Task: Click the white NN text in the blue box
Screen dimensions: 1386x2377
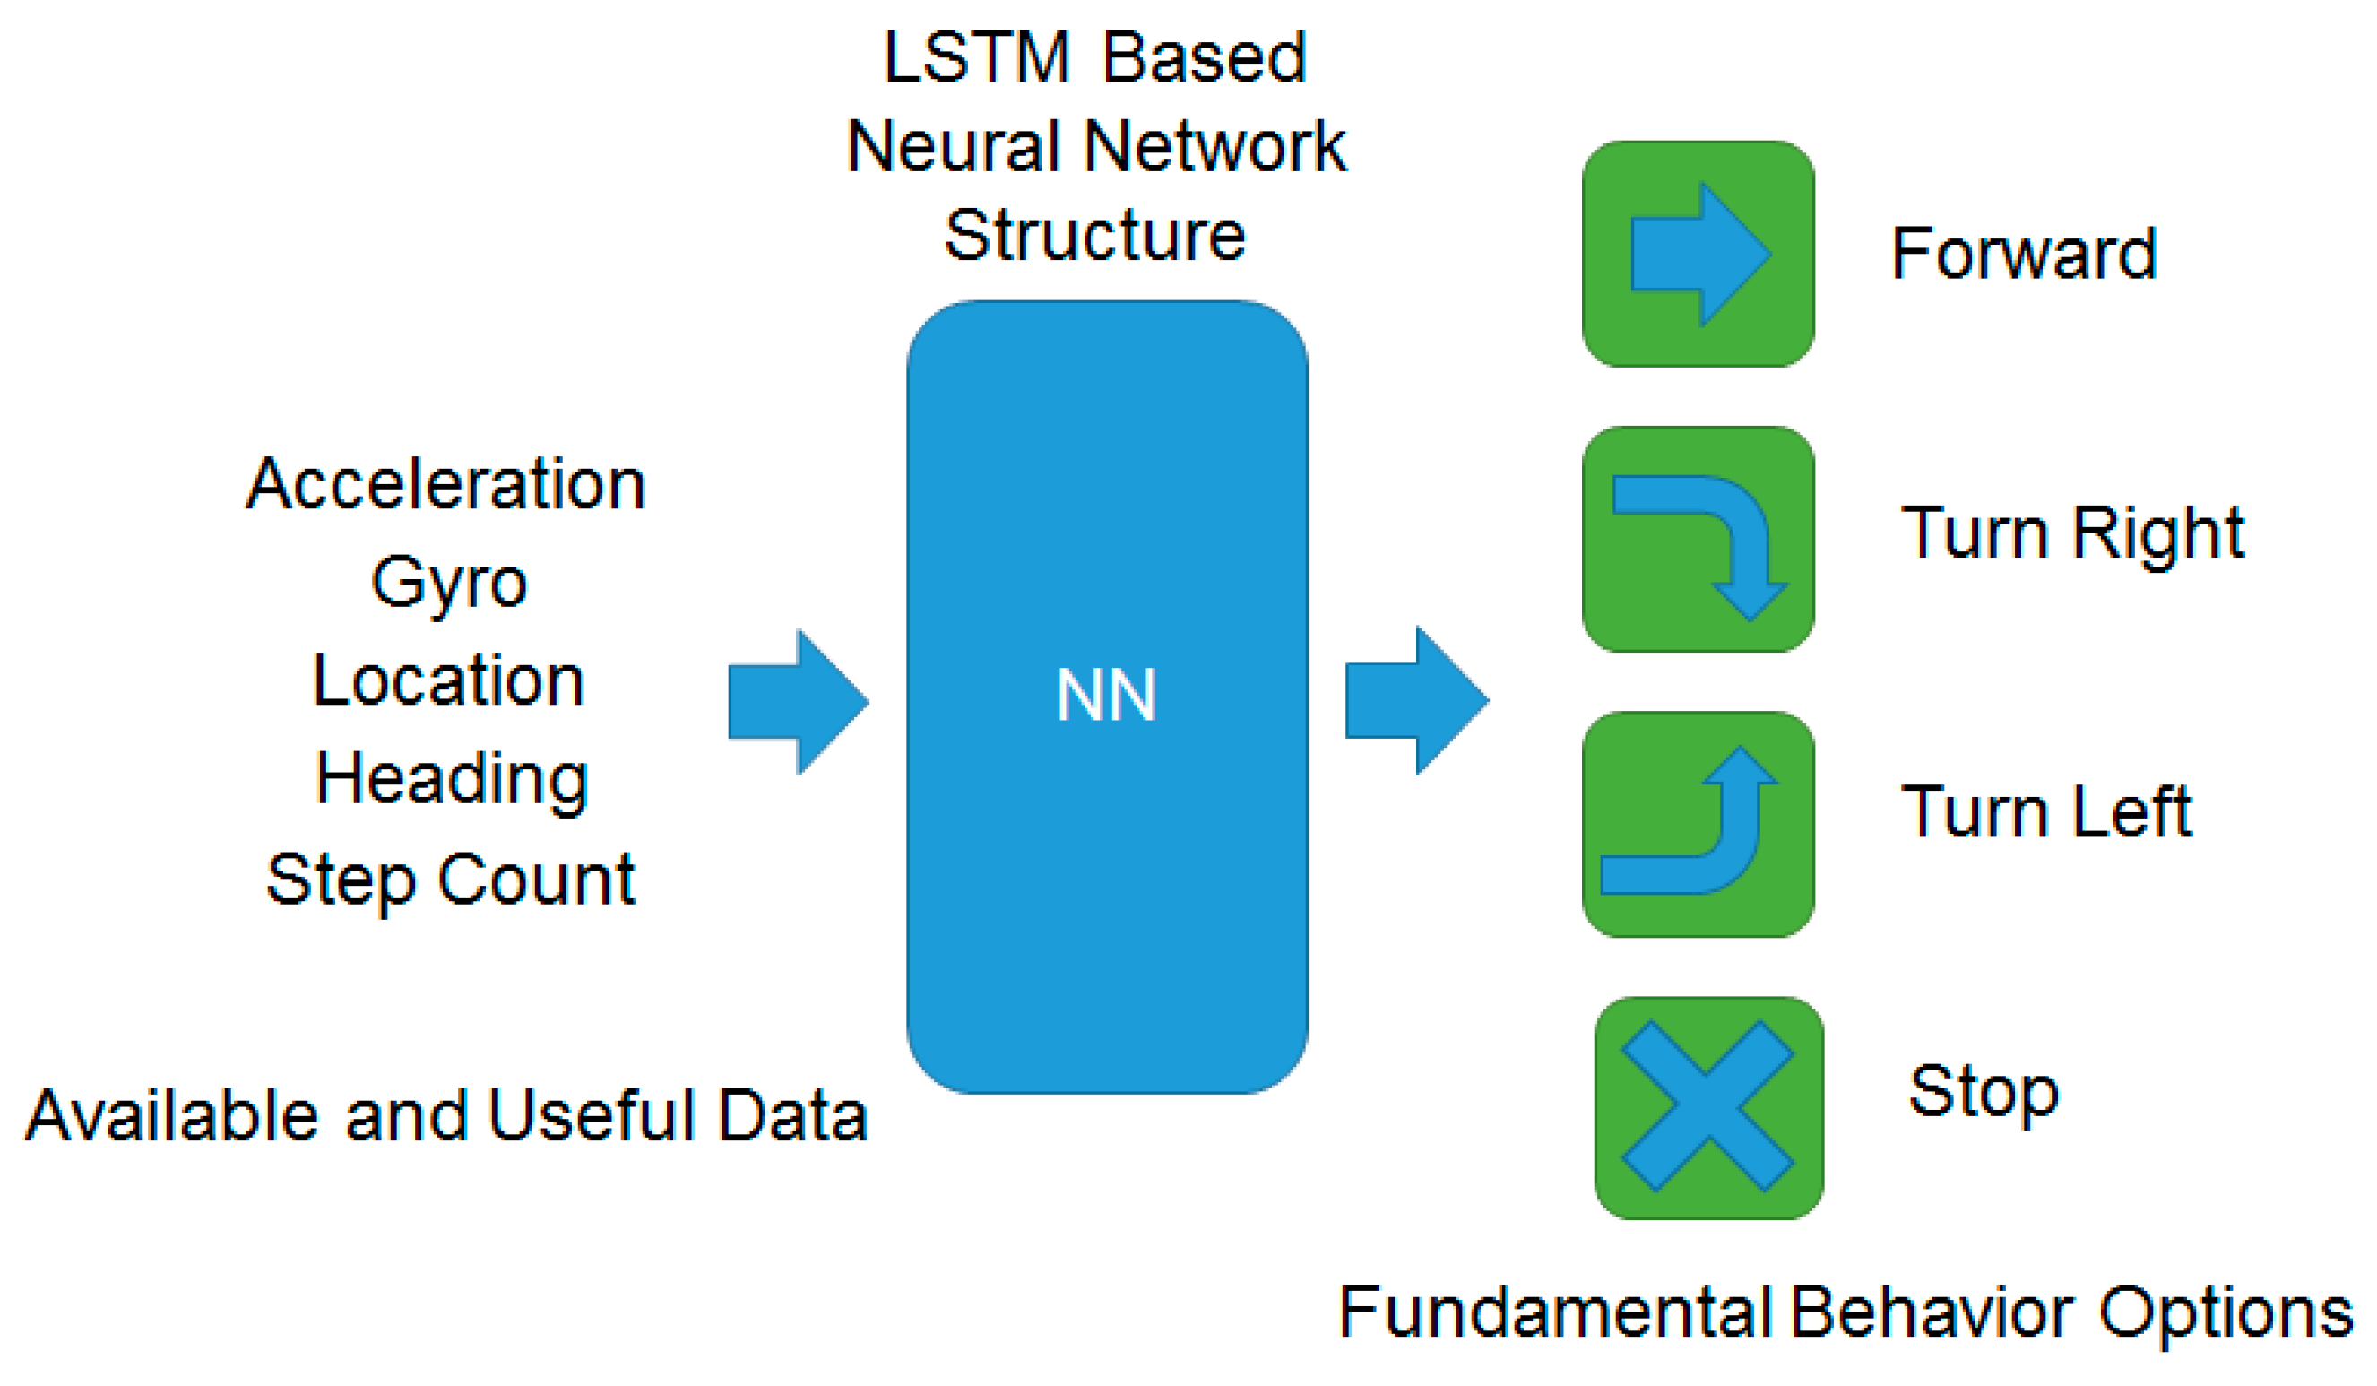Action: coord(1105,696)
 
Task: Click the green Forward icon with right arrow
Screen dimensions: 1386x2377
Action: coord(1698,254)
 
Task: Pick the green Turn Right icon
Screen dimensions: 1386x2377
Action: coord(1698,539)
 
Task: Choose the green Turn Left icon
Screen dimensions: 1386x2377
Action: coord(1698,824)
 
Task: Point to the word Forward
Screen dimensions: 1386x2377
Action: coord(2024,254)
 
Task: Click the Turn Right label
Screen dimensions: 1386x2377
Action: coord(2072,534)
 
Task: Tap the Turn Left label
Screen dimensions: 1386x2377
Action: coord(2046,812)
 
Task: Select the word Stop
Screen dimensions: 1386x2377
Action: coord(1984,1093)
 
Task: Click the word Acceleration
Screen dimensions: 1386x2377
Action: coord(446,485)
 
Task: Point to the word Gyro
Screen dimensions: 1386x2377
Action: coord(449,584)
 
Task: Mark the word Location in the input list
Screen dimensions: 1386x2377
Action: coord(449,681)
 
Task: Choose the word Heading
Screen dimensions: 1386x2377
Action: coord(452,780)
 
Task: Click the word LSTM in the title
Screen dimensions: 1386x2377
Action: coord(976,58)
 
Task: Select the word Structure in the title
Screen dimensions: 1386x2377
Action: coord(1095,235)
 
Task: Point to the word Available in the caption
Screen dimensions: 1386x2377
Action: coord(170,1115)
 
